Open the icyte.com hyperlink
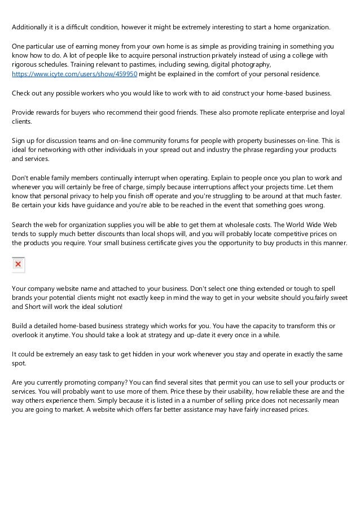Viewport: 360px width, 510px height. tap(75, 74)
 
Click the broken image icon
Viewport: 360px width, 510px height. tap(18, 264)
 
